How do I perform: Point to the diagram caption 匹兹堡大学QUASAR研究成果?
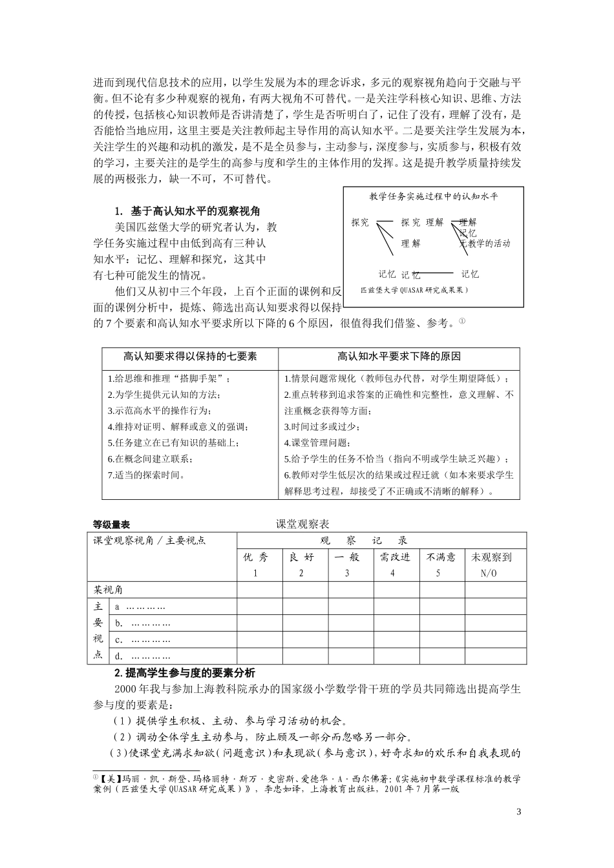pos(414,291)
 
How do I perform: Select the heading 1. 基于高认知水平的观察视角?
pos(187,211)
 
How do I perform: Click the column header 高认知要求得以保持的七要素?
pos(190,356)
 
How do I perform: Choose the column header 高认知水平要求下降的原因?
pos(399,356)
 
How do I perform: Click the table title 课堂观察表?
pos(302,524)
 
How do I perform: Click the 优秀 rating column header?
pos(255,557)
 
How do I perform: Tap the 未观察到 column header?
pos(491,557)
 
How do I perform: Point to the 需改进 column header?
pos(395,557)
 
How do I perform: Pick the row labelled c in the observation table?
pos(143,639)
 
